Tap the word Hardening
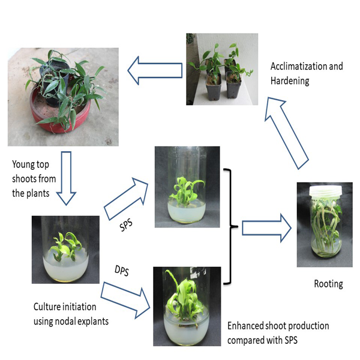pos(290,81)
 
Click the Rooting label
pos(328,284)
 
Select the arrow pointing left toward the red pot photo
pos(157,68)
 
